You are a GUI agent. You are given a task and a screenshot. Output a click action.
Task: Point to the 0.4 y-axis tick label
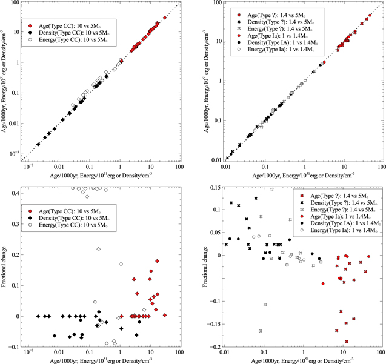(x=14, y=192)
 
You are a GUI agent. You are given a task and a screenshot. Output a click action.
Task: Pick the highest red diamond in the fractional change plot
(x=157, y=261)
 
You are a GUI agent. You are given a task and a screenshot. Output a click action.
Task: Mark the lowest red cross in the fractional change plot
(x=347, y=342)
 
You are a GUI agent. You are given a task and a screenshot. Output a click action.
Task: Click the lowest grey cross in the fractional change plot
(x=261, y=331)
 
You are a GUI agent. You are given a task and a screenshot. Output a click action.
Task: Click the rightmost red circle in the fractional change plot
(x=368, y=257)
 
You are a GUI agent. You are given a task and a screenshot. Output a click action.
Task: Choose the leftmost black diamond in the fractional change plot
(x=38, y=316)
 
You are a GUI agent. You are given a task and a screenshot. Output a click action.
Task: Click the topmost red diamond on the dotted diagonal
(x=165, y=18)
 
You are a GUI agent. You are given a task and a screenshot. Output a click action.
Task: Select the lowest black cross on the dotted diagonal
(x=227, y=158)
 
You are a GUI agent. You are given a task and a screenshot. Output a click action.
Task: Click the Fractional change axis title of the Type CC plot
(x=5, y=265)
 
